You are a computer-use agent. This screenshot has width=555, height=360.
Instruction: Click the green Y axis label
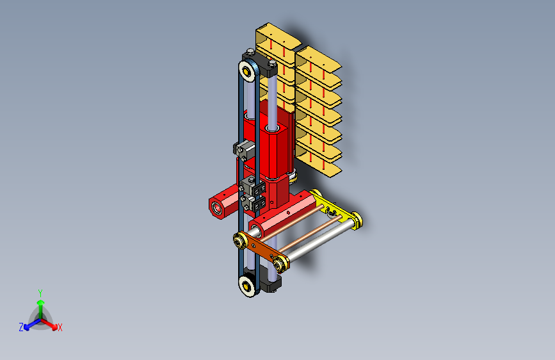coord(40,293)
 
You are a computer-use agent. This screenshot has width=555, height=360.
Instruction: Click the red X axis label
coord(60,327)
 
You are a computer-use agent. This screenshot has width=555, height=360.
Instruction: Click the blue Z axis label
coord(21,327)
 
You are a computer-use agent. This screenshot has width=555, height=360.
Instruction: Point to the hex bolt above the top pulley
coord(250,52)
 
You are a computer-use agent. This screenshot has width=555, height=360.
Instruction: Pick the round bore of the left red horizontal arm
coord(216,208)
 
